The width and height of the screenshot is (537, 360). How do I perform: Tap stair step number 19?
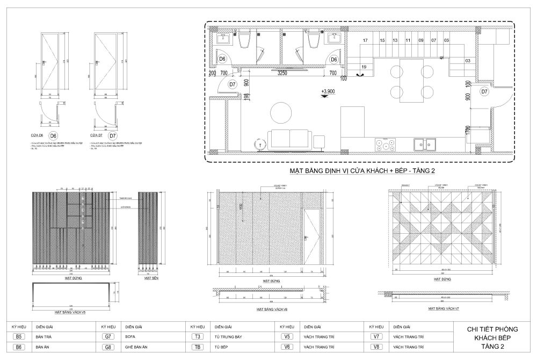coord(364,67)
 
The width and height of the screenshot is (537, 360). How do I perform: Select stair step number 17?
coord(365,40)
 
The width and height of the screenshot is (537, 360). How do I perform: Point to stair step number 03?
coord(467,61)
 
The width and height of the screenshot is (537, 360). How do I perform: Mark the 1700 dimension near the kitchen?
coord(468,131)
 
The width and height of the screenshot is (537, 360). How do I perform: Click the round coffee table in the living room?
coord(282,113)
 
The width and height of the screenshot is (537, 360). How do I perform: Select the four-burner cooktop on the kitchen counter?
coord(385,144)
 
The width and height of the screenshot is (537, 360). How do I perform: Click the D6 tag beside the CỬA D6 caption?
coord(53,135)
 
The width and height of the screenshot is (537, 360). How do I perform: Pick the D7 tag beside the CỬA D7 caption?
coord(114,135)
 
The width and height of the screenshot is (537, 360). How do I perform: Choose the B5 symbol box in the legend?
coord(19,337)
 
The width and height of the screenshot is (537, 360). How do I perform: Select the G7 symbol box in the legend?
coord(108,337)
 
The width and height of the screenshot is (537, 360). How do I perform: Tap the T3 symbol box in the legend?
coord(198,337)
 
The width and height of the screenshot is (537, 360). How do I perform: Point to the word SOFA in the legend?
coord(130,337)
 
